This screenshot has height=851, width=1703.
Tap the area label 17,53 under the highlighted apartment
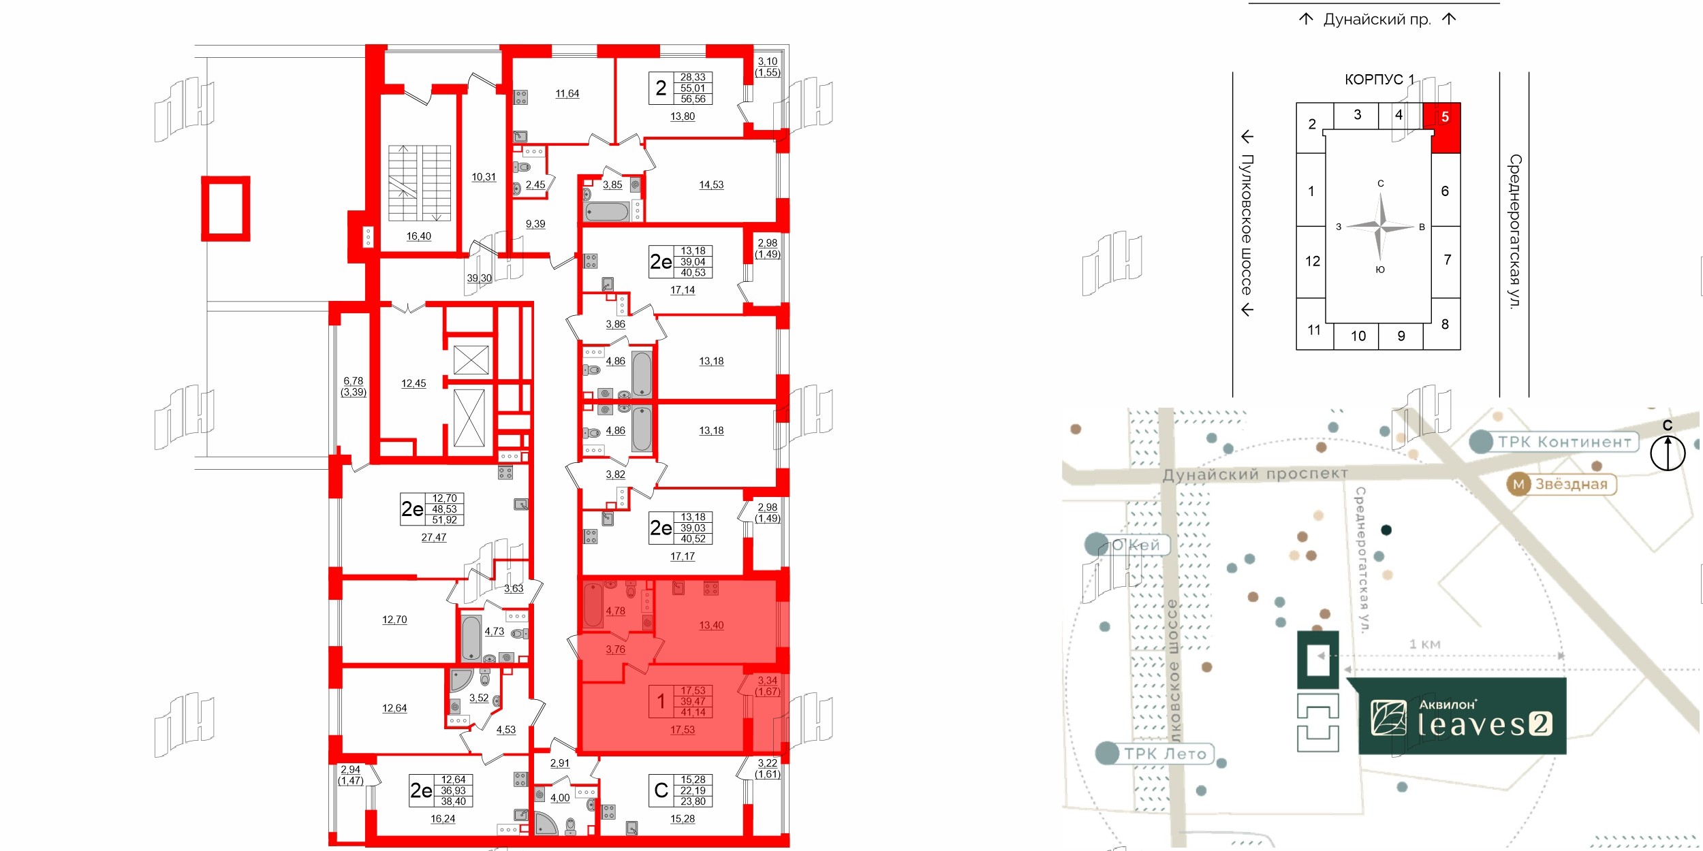683,730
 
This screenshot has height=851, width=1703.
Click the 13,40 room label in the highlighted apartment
711,625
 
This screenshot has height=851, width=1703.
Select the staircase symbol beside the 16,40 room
419,182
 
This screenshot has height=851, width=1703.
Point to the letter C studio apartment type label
661,790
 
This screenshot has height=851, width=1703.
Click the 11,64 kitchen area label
567,94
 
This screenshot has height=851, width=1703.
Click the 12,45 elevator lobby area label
413,383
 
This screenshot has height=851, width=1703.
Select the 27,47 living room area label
433,537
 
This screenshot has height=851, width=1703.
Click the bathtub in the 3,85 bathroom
606,212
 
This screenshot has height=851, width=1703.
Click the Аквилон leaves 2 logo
1462,717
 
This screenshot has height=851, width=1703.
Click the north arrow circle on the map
1667,453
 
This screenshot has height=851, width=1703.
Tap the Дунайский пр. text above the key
1376,20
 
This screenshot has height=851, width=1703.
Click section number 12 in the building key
1312,261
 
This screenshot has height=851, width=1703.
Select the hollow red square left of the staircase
225,209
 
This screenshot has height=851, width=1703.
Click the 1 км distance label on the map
1424,644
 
